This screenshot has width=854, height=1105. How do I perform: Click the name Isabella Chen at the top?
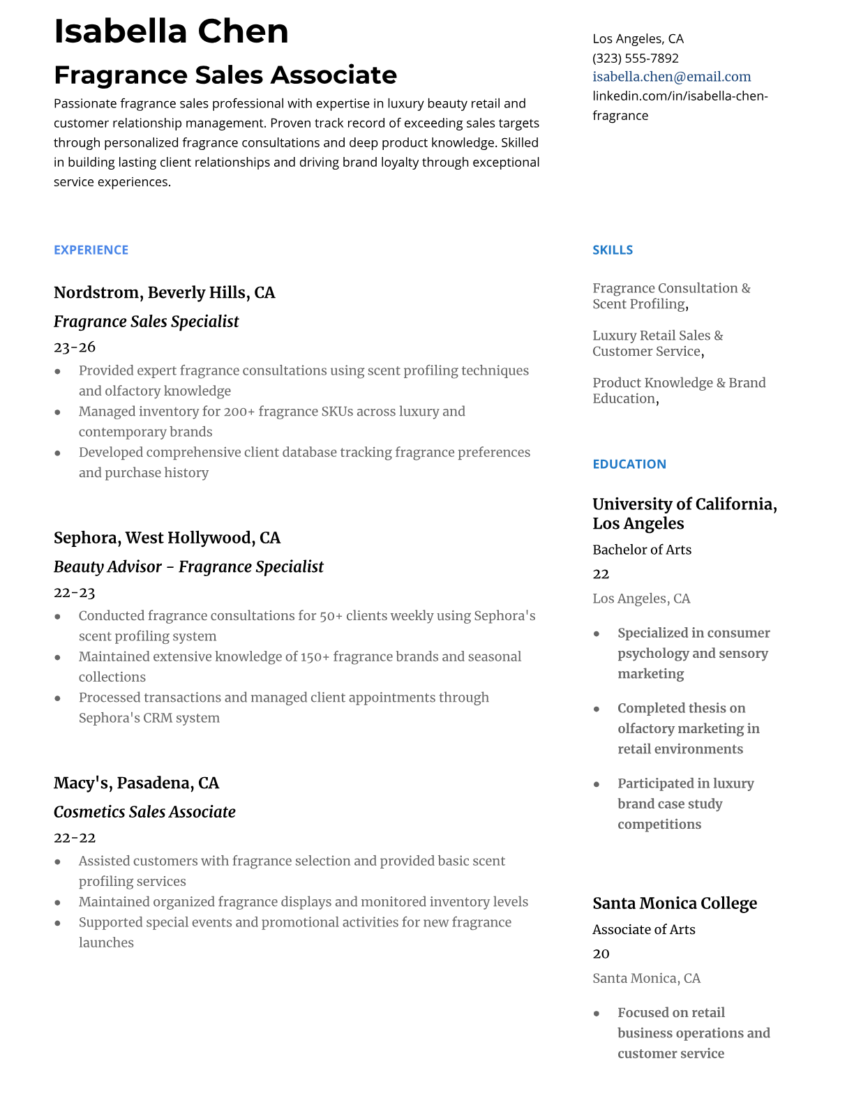[x=171, y=31]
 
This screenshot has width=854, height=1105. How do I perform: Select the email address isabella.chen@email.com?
[x=671, y=77]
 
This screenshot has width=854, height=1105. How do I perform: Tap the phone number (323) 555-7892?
[x=635, y=58]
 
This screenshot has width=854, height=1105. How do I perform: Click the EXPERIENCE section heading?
[x=91, y=250]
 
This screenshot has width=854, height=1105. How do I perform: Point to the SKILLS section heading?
[x=612, y=250]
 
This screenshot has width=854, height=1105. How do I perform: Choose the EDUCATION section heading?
[x=629, y=464]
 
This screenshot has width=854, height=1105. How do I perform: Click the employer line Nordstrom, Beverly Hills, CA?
[x=164, y=292]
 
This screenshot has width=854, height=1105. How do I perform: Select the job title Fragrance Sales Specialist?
[x=146, y=322]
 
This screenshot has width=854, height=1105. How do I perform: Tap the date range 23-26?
[x=74, y=347]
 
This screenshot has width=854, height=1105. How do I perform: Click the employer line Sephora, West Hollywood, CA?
[x=167, y=538]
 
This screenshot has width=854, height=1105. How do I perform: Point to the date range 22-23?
[x=74, y=592]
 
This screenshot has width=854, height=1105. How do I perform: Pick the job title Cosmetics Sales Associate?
[x=144, y=812]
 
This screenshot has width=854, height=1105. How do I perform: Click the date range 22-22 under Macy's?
[x=74, y=837]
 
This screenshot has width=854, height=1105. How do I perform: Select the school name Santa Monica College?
[x=674, y=903]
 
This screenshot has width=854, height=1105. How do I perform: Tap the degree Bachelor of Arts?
[x=641, y=550]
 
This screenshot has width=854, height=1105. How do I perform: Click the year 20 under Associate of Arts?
[x=601, y=954]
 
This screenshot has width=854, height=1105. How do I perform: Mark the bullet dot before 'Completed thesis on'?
[x=597, y=709]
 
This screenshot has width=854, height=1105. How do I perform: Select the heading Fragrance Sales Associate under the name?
[x=225, y=75]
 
